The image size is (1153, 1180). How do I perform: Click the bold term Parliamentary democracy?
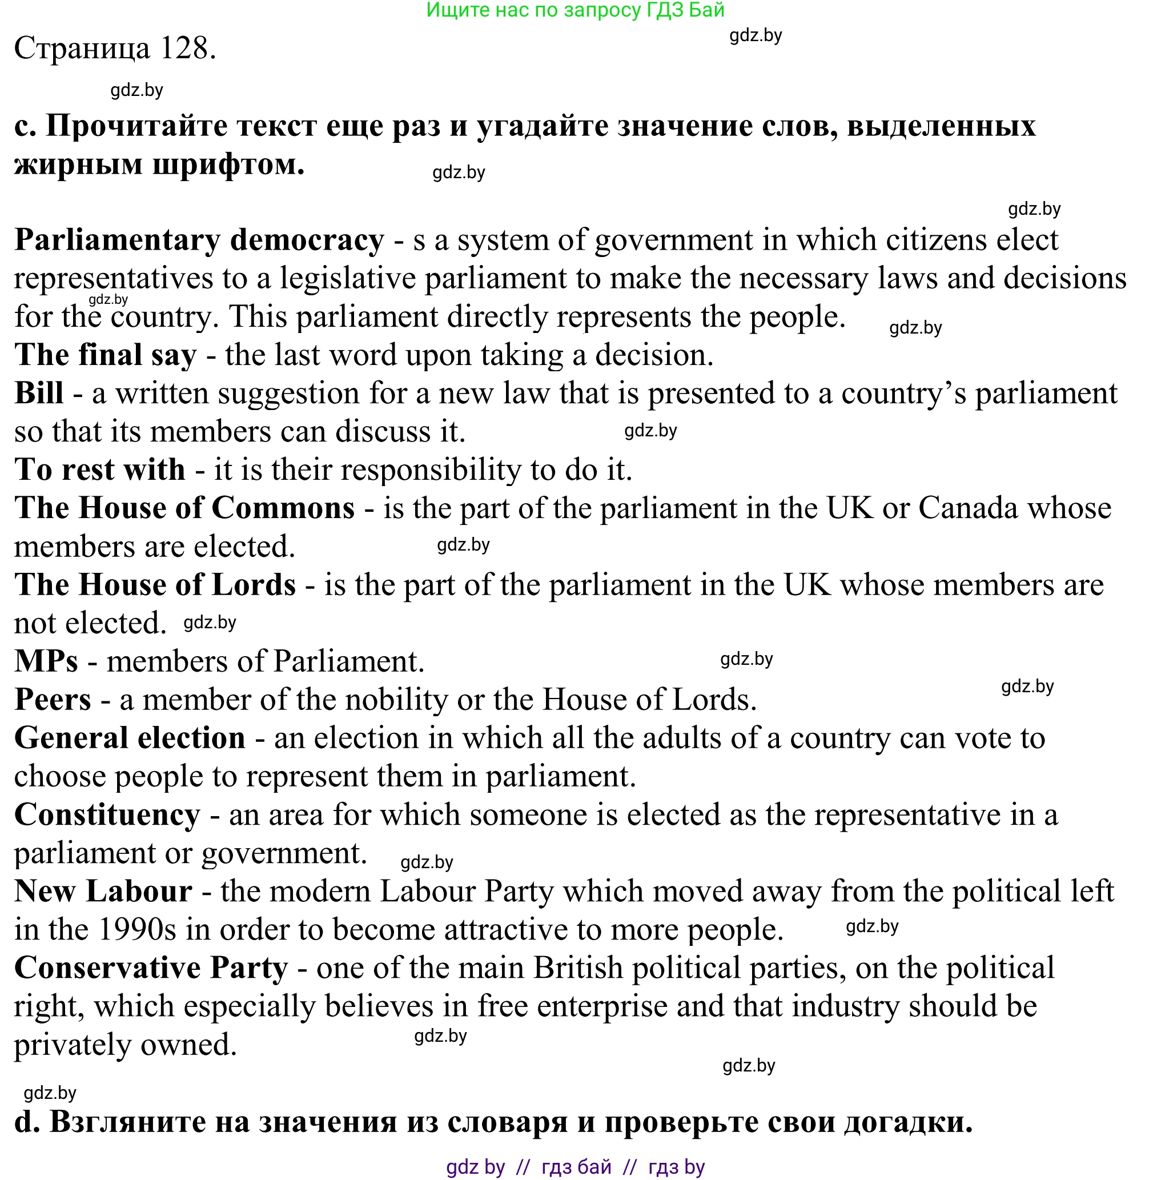click(199, 240)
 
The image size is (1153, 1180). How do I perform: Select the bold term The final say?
click(106, 355)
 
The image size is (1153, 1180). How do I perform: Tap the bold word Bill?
click(39, 393)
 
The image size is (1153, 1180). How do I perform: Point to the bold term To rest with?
click(100, 470)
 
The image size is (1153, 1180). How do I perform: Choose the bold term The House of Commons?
click(184, 508)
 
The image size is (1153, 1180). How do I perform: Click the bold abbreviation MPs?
click(46, 661)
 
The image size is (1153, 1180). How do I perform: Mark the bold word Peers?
click(53, 700)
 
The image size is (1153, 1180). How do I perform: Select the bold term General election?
click(130, 738)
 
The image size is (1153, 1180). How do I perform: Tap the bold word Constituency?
click(107, 814)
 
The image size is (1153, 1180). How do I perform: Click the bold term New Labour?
click(103, 892)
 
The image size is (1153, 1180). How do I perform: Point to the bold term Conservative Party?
click(151, 968)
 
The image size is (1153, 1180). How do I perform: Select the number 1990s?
click(136, 930)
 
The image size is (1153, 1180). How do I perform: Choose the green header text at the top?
click(575, 10)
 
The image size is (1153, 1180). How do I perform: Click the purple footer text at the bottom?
click(575, 1167)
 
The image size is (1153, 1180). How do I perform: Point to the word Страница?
click(82, 49)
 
